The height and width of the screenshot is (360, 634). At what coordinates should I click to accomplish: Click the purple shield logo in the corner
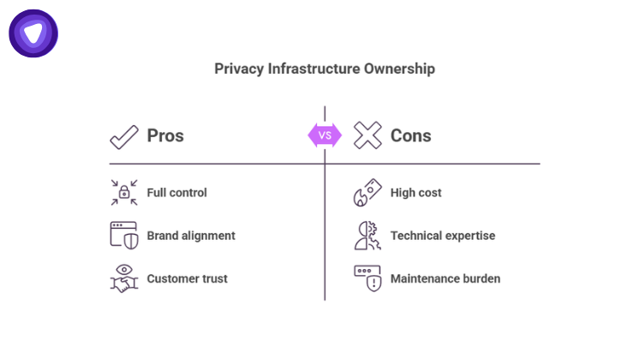(x=33, y=33)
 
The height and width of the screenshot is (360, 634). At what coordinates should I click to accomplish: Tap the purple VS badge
(x=325, y=135)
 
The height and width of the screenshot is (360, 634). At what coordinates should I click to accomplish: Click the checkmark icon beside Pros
(x=124, y=135)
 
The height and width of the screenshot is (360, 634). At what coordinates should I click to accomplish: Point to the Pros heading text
(x=165, y=135)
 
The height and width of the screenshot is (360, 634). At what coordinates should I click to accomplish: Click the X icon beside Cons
(x=368, y=135)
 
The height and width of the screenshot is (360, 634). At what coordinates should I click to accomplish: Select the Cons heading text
(x=411, y=135)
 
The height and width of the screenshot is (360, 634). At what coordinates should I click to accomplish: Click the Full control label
(x=177, y=193)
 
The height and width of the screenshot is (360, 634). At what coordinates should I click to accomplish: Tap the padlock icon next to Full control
(x=124, y=193)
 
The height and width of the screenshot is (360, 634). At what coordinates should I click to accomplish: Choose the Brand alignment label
(x=191, y=236)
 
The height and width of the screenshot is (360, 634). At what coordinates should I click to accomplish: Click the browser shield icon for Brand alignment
(x=124, y=235)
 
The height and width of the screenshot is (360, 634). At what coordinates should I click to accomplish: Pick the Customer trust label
(x=188, y=279)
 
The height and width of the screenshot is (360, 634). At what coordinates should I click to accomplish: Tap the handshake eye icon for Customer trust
(x=124, y=279)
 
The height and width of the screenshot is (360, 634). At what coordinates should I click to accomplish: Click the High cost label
(x=416, y=193)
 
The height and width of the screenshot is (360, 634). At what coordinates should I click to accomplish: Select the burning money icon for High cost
(x=368, y=193)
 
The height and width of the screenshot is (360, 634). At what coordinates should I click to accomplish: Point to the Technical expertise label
(x=443, y=236)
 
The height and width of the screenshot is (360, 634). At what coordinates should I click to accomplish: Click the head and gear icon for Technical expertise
(x=368, y=235)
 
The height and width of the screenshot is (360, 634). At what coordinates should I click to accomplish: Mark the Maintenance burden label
(x=446, y=279)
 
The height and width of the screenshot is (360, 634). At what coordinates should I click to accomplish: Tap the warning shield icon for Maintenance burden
(x=368, y=279)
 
